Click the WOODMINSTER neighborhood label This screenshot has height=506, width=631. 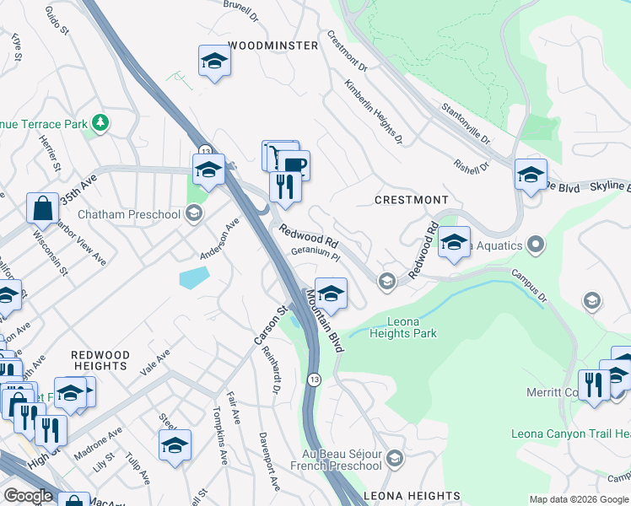[x=272, y=46]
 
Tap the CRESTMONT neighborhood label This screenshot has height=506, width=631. [x=412, y=200]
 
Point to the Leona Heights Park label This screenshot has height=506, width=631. [x=400, y=327]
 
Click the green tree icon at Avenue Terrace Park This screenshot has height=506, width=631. [x=101, y=124]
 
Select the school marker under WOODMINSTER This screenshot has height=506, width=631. [x=215, y=62]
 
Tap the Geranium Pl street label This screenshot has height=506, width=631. [x=315, y=253]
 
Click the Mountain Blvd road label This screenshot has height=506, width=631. [x=326, y=320]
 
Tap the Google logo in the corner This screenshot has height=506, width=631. [x=27, y=496]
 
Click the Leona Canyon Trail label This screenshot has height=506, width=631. [x=570, y=433]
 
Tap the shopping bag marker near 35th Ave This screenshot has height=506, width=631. [x=42, y=207]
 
